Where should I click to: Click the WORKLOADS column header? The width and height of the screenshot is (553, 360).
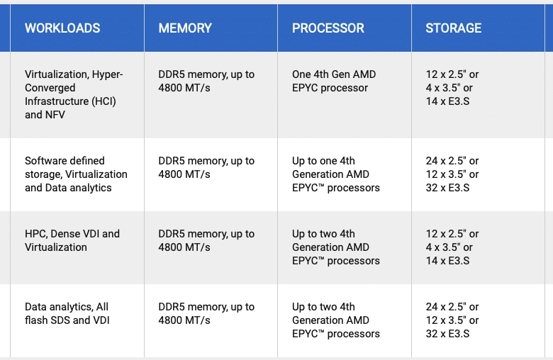[x=62, y=28]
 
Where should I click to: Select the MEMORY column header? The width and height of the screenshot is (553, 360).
[x=185, y=28]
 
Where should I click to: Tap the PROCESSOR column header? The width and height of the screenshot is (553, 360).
[x=328, y=28]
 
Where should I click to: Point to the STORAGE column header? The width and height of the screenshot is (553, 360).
[x=454, y=28]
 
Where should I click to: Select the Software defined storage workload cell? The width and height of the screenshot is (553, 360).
[x=76, y=174]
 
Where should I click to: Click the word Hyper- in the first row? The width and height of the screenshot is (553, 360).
[x=108, y=74]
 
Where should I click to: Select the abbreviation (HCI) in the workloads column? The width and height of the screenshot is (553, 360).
[x=104, y=101]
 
